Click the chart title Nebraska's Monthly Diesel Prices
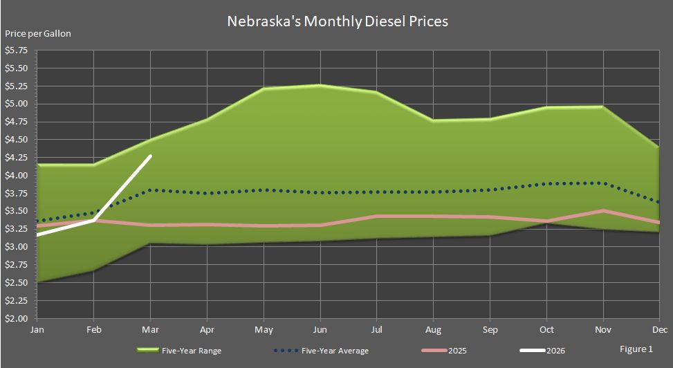tap(338, 21)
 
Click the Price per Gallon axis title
tap(38, 33)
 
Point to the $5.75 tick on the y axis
tap(16, 50)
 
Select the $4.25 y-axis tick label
tap(16, 158)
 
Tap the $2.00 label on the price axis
tap(16, 319)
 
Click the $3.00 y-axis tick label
tap(16, 247)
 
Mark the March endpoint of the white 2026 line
tap(151, 156)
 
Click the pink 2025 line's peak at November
tap(603, 210)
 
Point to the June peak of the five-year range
tap(319, 85)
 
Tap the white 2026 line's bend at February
tap(94, 220)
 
